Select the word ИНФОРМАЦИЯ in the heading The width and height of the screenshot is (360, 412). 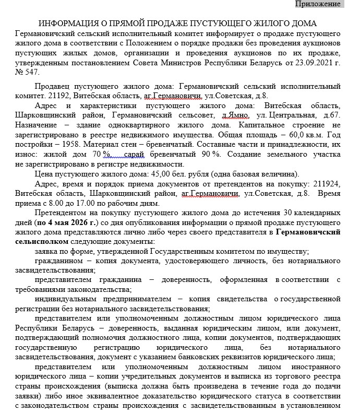(66, 23)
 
